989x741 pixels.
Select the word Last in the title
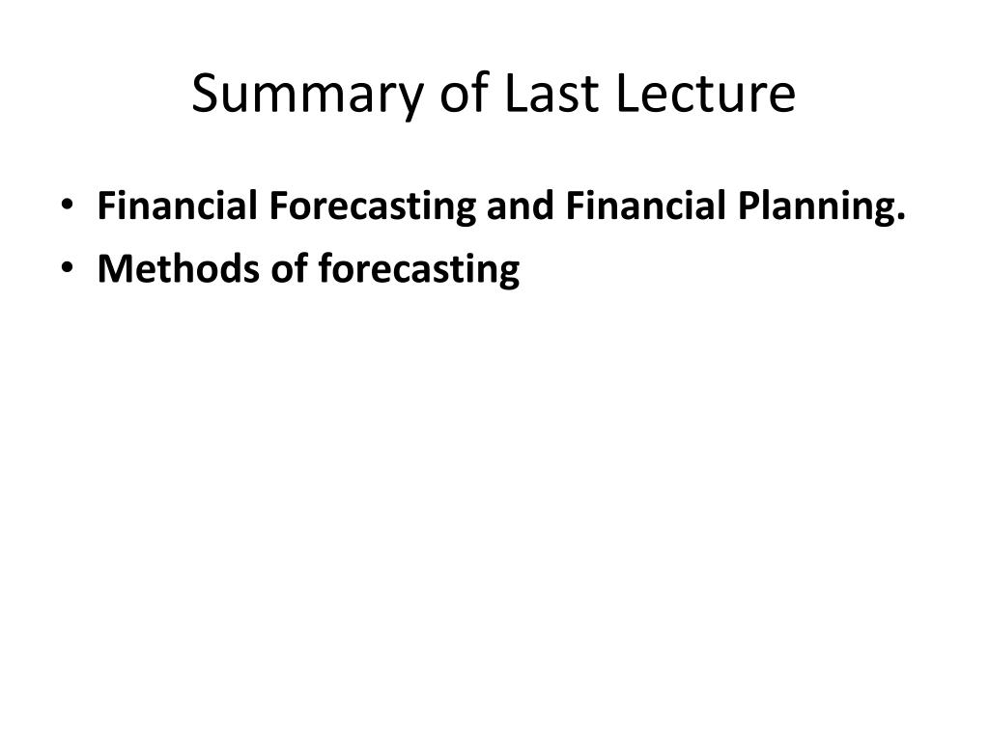coord(551,93)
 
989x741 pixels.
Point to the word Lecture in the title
coord(705,93)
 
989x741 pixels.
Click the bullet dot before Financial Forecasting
coord(68,205)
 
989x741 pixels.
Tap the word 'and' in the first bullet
coord(520,206)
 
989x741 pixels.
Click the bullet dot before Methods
coord(68,267)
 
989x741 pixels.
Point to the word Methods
coord(179,268)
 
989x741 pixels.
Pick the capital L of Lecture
coord(627,93)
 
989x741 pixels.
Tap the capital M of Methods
coord(116,268)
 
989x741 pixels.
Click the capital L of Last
coord(518,93)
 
